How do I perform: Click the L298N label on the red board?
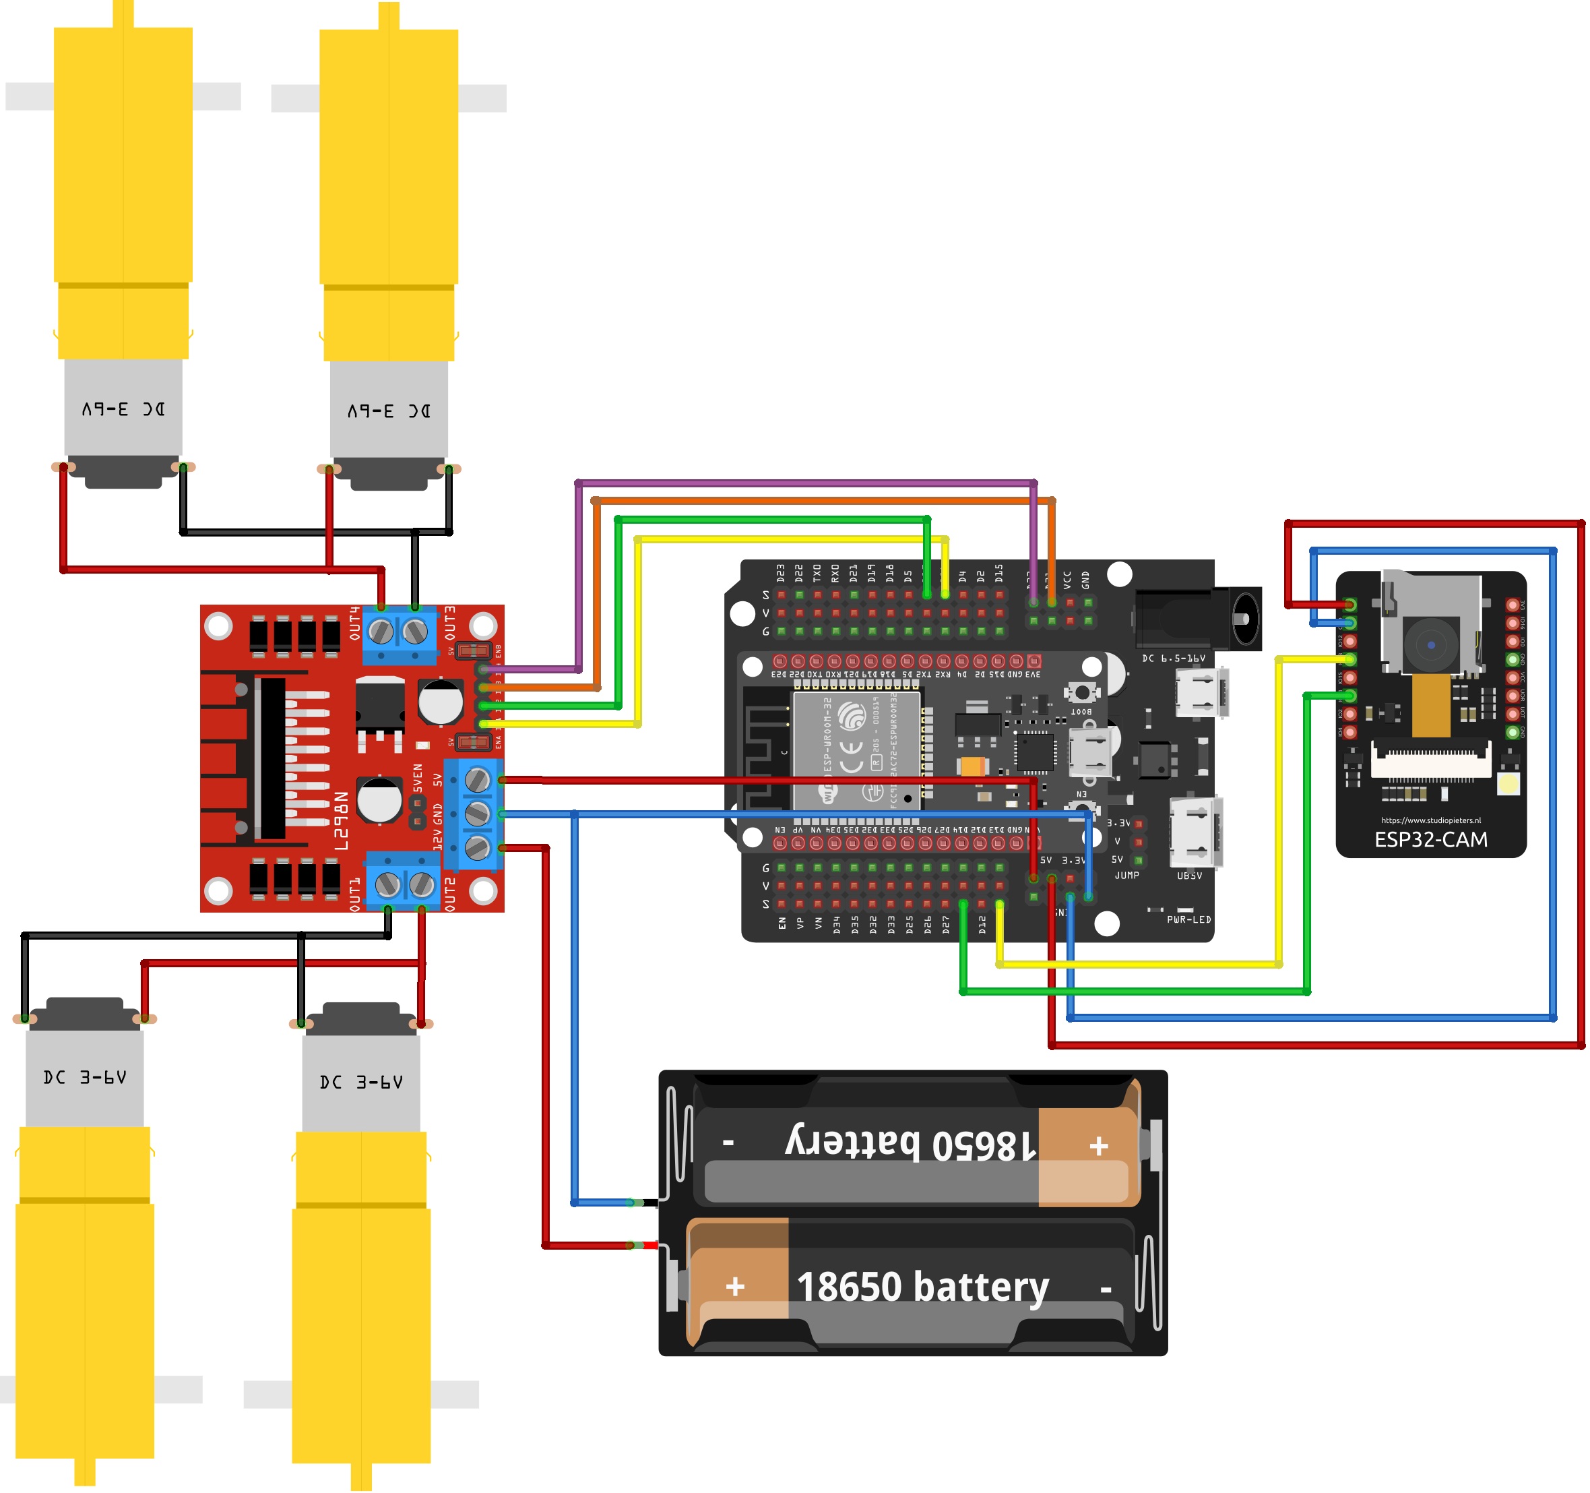click(342, 821)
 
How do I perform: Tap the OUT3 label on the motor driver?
click(450, 623)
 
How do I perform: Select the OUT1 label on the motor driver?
click(355, 894)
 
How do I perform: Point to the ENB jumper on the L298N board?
click(473, 650)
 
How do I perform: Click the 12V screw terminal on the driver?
click(478, 847)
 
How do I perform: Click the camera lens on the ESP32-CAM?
click(1431, 645)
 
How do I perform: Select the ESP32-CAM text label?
click(1431, 839)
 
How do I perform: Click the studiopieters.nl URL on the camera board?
click(1431, 820)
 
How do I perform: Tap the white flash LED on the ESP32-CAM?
click(1508, 784)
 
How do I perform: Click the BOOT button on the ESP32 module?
click(1081, 693)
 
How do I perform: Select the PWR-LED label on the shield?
click(1188, 919)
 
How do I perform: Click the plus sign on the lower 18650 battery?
click(735, 1287)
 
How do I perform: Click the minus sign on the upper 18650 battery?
click(728, 1142)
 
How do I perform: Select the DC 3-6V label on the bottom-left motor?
click(85, 1078)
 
